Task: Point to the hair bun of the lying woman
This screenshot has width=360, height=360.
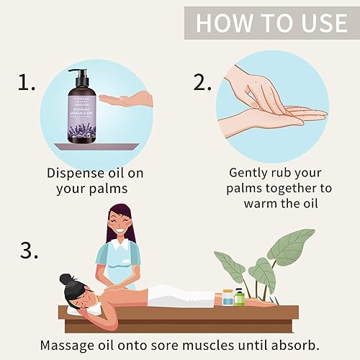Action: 67,279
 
